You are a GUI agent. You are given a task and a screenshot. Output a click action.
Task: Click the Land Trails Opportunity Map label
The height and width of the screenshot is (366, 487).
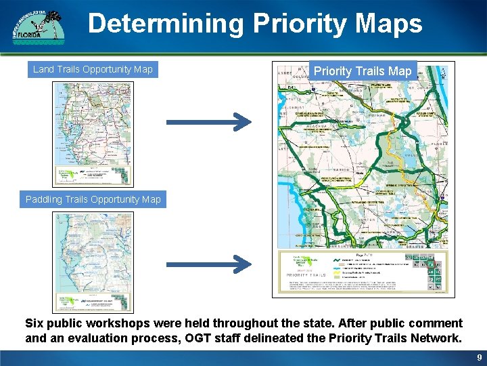click(x=93, y=69)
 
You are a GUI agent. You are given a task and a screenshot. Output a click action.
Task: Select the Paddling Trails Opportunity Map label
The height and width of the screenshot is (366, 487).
click(x=93, y=199)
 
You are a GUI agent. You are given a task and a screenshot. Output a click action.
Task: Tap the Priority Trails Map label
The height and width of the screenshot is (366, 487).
click(x=363, y=71)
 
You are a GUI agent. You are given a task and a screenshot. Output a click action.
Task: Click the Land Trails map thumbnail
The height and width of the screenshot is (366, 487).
click(x=93, y=134)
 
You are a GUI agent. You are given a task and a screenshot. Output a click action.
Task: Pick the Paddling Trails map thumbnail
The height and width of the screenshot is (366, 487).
click(x=93, y=262)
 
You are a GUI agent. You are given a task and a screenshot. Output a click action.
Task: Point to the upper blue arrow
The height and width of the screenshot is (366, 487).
click(x=208, y=122)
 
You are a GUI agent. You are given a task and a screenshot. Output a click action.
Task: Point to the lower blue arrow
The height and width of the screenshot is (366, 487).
click(x=208, y=260)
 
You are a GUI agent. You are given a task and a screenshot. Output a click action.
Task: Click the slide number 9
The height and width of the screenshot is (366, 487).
click(x=479, y=357)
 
